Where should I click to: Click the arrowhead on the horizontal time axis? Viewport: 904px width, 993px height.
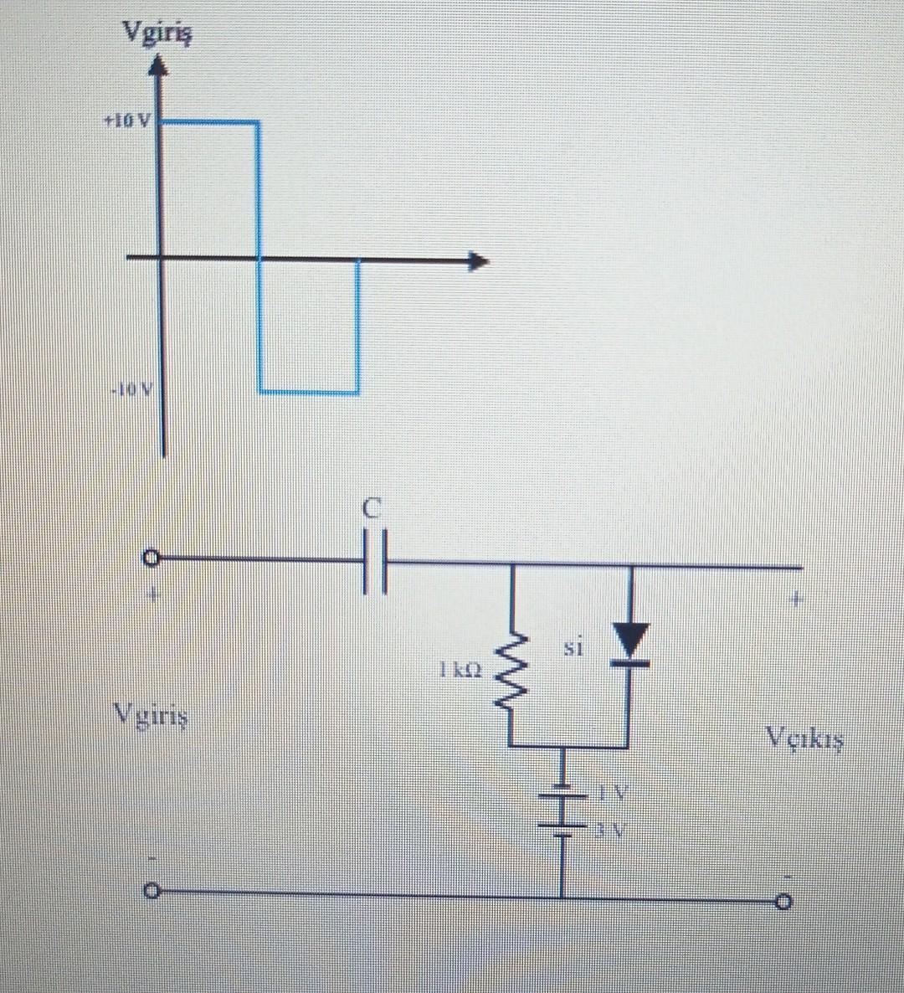pyautogui.click(x=477, y=262)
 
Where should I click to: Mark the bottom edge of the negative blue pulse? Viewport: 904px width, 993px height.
pyautogui.click(x=309, y=391)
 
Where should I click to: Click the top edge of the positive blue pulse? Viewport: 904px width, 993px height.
pyautogui.click(x=208, y=122)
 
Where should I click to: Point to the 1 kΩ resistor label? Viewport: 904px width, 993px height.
pyautogui.click(x=460, y=670)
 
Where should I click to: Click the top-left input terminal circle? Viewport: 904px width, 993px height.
pyautogui.click(x=151, y=557)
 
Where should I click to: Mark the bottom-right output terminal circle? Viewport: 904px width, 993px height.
pyautogui.click(x=783, y=903)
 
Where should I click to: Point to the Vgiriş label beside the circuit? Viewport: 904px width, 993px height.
pyautogui.click(x=152, y=717)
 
